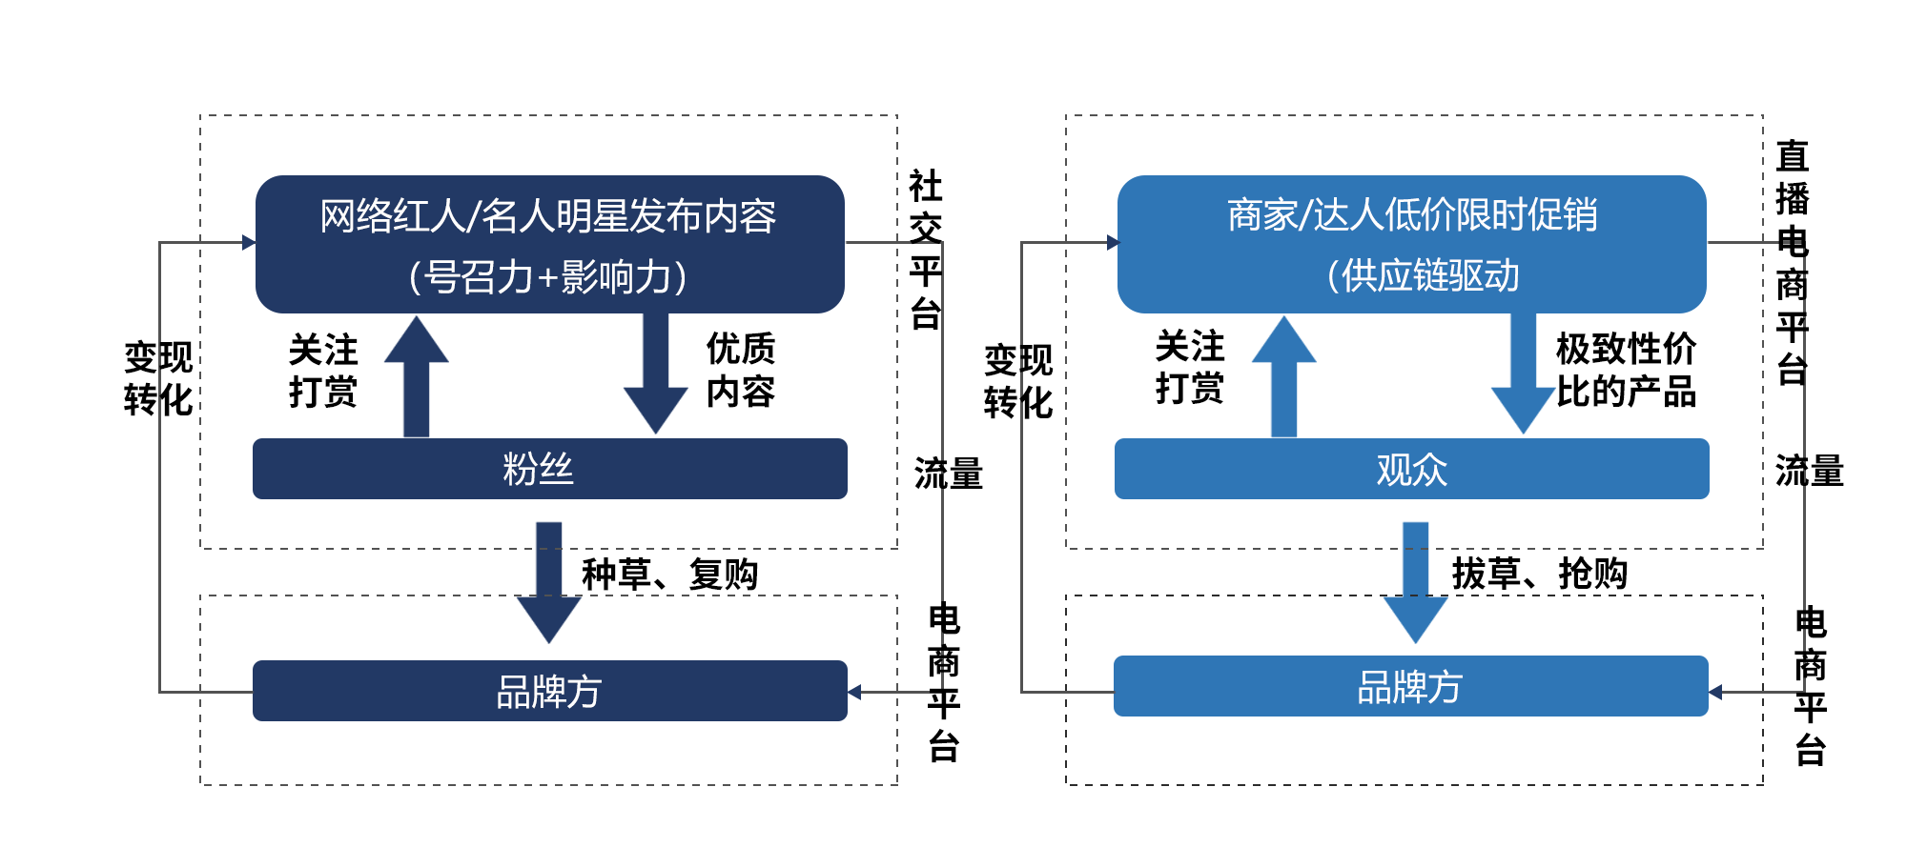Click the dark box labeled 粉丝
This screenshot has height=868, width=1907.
[549, 469]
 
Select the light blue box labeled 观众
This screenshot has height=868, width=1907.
[1411, 469]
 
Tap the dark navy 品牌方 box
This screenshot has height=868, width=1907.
[549, 691]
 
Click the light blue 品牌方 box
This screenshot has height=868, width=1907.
[1410, 686]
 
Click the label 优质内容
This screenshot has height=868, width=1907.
[740, 370]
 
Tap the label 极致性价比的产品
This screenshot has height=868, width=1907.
[1626, 370]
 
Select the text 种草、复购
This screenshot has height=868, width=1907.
[669, 575]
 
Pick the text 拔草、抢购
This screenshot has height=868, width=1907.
[1539, 574]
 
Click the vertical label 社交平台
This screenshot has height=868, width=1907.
[925, 250]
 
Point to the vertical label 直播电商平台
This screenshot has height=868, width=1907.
[1792, 262]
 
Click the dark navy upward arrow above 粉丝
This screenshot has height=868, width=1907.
[417, 377]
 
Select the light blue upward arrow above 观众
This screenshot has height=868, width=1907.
[1283, 377]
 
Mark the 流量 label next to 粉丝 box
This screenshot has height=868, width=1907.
[948, 474]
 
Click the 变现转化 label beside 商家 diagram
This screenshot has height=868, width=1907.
[1018, 381]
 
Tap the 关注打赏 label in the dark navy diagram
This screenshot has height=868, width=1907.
[323, 371]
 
